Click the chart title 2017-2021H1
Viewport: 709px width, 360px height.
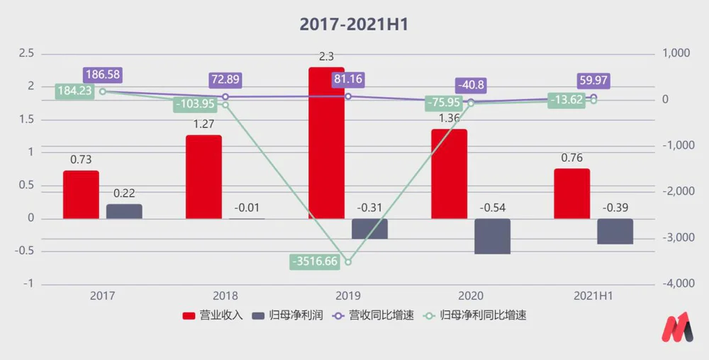354,24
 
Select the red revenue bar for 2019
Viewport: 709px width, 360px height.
326,142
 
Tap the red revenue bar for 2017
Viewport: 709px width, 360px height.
81,194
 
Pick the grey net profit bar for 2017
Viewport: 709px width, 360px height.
124,211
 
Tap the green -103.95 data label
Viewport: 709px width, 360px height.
194,104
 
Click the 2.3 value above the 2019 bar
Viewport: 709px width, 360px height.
327,57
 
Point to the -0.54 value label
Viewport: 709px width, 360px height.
492,208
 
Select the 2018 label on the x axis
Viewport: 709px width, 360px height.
225,296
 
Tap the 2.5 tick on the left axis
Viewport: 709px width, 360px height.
26,53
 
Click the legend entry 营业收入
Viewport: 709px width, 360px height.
213,315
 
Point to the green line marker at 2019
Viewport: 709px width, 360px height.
347,261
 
